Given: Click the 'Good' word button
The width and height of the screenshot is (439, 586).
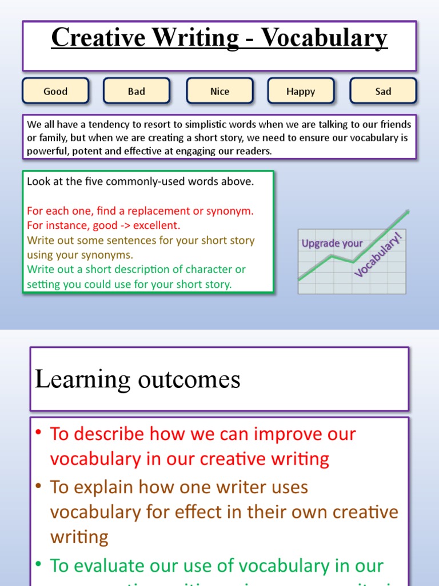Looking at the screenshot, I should (55, 91).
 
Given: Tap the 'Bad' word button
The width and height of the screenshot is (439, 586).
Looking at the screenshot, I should (137, 91).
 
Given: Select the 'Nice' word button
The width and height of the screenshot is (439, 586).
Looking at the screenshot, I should (219, 91).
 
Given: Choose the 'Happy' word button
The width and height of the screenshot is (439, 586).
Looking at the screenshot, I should (301, 91).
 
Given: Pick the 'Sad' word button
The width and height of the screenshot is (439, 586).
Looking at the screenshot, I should (383, 91).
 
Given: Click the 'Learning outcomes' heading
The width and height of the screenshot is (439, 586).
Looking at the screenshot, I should (138, 379).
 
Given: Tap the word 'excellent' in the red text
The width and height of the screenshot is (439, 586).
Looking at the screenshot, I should (158, 225).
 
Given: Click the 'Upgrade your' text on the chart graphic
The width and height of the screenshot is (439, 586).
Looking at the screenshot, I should (332, 244).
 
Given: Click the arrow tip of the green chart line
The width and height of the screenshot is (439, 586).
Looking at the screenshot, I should (408, 212).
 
